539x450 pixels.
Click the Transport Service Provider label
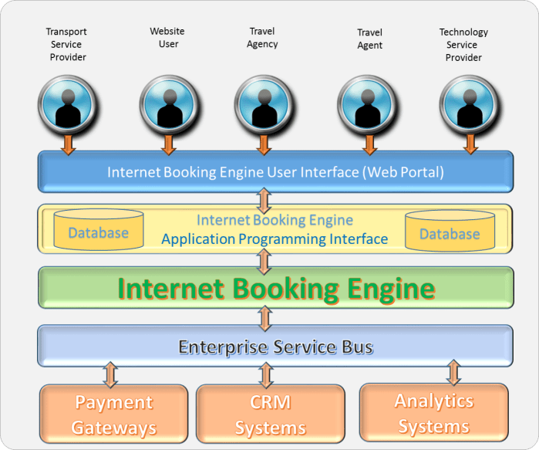[66, 45]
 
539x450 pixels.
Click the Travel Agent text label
[369, 39]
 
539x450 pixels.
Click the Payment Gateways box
[113, 414]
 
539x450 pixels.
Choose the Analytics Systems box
[433, 413]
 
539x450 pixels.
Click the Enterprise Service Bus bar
[275, 347]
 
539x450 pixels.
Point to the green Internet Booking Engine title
[275, 289]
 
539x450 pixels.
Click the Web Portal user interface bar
[275, 171]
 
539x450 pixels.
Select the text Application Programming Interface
[275, 239]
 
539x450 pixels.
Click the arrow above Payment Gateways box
[111, 374]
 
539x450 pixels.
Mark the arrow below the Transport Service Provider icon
[69, 144]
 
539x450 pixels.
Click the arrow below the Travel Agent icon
[369, 144]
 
